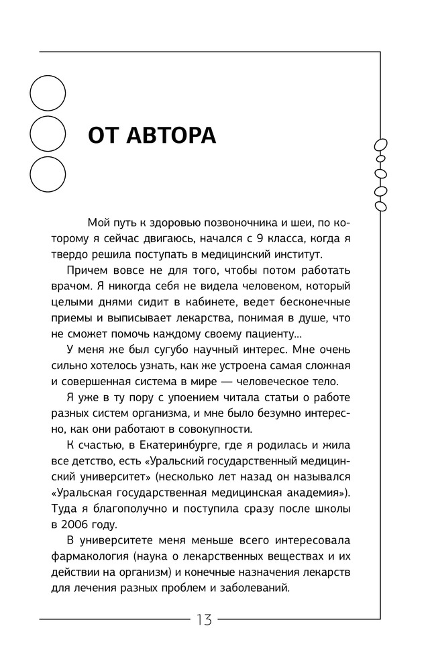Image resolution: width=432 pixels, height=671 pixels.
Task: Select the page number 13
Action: pyautogui.click(x=204, y=619)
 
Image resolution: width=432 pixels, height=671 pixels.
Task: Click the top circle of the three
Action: pyautogui.click(x=48, y=93)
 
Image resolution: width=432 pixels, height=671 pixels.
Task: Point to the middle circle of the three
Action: pyautogui.click(x=48, y=134)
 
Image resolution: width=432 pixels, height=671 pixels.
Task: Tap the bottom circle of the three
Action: pyautogui.click(x=48, y=174)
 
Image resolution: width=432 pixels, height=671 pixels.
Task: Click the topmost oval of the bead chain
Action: pyautogui.click(x=381, y=145)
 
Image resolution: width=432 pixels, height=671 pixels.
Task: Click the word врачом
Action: pyautogui.click(x=68, y=287)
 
